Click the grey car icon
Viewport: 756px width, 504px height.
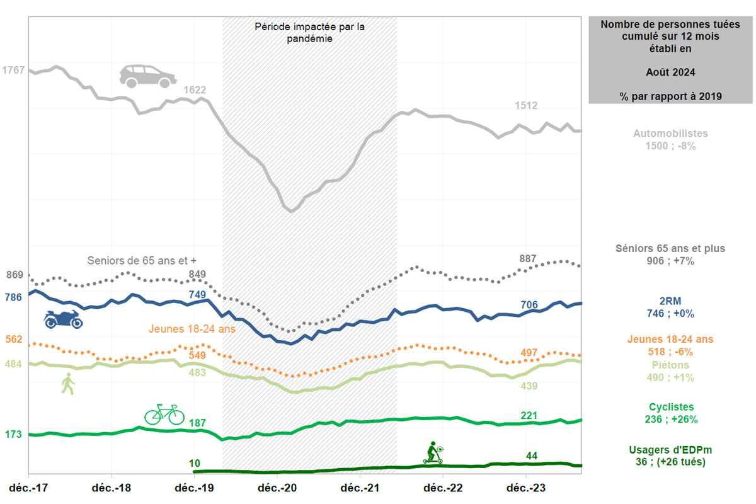pyautogui.click(x=149, y=76)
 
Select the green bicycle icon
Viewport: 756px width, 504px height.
pyautogui.click(x=164, y=414)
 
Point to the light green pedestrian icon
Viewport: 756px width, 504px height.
pyautogui.click(x=67, y=384)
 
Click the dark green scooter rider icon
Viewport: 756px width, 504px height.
pyautogui.click(x=433, y=453)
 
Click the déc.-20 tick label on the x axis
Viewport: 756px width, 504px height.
pyautogui.click(x=277, y=488)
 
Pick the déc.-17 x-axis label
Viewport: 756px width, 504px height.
pyautogui.click(x=28, y=488)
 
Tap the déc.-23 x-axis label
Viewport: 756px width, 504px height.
pyautogui.click(x=526, y=488)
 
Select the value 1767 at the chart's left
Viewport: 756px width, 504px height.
pyautogui.click(x=13, y=70)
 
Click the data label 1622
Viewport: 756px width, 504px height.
pyautogui.click(x=195, y=90)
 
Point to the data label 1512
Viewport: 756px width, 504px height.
pyautogui.click(x=526, y=106)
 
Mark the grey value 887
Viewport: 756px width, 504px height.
pyautogui.click(x=528, y=259)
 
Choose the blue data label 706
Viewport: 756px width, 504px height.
pyautogui.click(x=529, y=305)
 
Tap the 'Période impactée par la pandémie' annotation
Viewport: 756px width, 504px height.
pyautogui.click(x=309, y=32)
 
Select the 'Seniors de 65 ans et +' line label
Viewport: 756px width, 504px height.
pyautogui.click(x=146, y=260)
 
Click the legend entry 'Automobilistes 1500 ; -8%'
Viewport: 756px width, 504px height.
pyautogui.click(x=670, y=140)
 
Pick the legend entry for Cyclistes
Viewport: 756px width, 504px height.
pyautogui.click(x=670, y=413)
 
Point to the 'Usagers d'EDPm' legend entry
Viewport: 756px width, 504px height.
pyautogui.click(x=670, y=456)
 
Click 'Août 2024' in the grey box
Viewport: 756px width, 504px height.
pyautogui.click(x=670, y=72)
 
